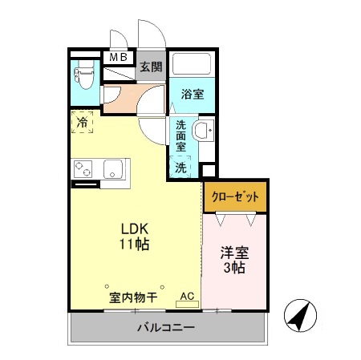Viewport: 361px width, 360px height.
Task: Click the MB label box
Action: pos(118,57)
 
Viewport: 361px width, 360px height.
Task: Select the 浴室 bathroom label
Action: pos(193,94)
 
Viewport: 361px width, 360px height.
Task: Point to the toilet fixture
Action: pos(83,76)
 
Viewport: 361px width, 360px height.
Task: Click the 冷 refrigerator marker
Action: pos(83,122)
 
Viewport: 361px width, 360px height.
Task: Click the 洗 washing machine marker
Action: pos(181,168)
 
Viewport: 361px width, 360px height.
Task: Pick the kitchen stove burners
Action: pos(85,168)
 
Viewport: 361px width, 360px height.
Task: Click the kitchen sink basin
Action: pos(114,168)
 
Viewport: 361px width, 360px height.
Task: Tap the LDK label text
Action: pos(135,227)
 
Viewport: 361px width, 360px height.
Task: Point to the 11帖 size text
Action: pos(135,243)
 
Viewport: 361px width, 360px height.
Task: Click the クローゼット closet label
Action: pos(234,196)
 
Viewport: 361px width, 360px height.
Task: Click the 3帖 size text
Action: pos(235,269)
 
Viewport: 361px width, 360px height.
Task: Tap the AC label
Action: pos(187,296)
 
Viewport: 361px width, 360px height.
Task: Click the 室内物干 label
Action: pos(132,297)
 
